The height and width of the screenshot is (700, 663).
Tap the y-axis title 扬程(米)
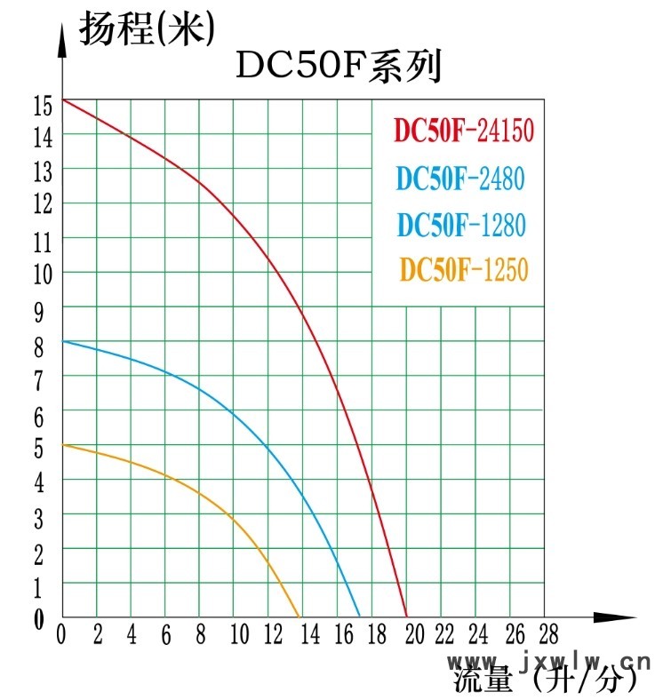[148, 29]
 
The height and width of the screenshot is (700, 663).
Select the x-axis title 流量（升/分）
[546, 682]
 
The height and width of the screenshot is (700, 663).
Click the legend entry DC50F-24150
[464, 131]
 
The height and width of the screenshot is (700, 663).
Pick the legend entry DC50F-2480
[460, 179]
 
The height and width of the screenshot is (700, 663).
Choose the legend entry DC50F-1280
[461, 225]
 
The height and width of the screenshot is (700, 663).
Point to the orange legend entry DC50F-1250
[463, 269]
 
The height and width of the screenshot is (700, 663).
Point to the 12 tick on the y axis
[42, 204]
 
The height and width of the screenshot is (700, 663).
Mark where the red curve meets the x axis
[406, 616]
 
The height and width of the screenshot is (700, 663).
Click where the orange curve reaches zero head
[300, 616]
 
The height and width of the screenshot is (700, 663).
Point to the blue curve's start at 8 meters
[63, 341]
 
